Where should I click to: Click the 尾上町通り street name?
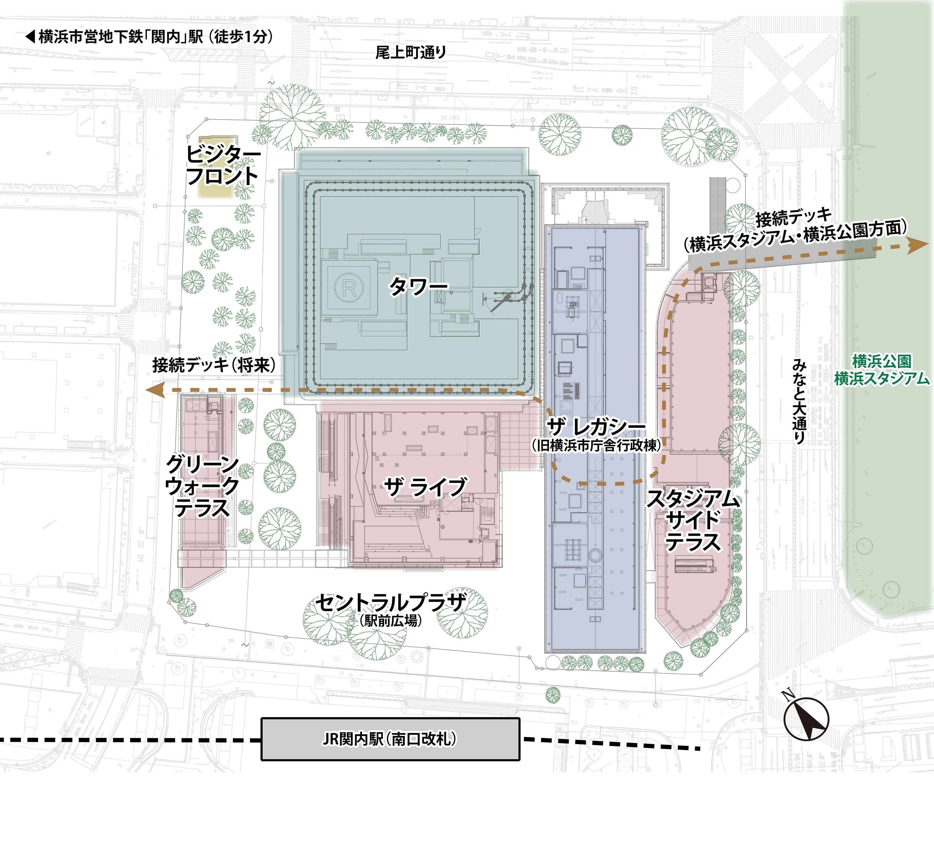pyautogui.click(x=411, y=52)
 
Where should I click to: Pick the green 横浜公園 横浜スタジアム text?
pyautogui.click(x=882, y=370)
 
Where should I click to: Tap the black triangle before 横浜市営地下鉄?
pyautogui.click(x=30, y=37)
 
